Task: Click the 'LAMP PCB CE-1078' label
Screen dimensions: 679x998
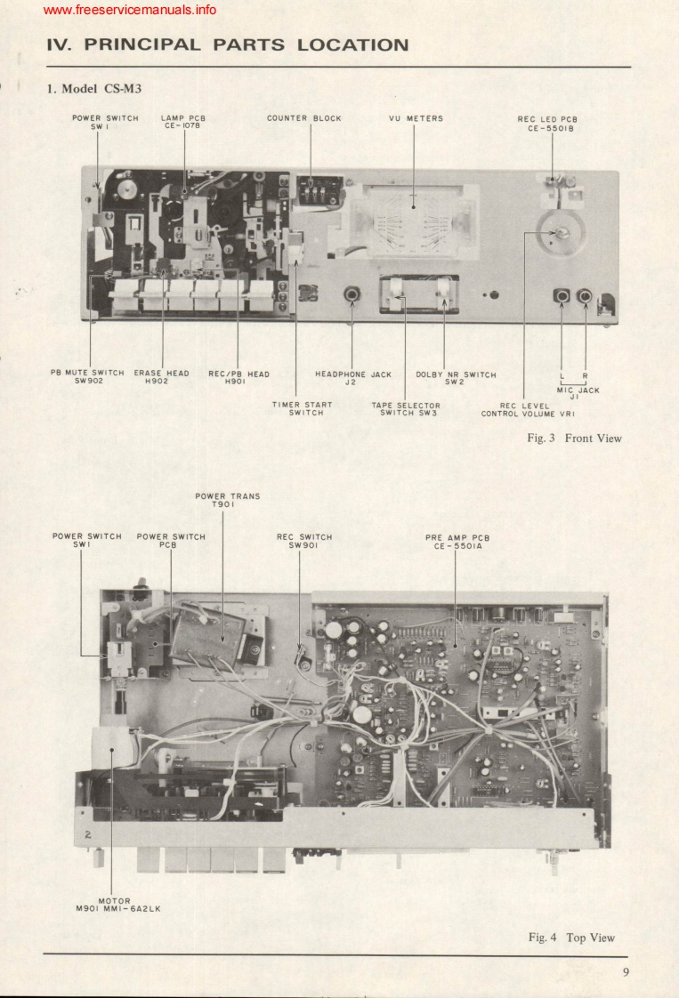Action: [184, 123]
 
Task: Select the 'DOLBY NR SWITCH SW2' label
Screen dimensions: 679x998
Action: [456, 378]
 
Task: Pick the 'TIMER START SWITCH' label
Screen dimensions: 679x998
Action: [302, 408]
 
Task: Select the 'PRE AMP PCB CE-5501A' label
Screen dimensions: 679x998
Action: [455, 542]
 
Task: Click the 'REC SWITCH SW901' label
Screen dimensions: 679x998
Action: [304, 542]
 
